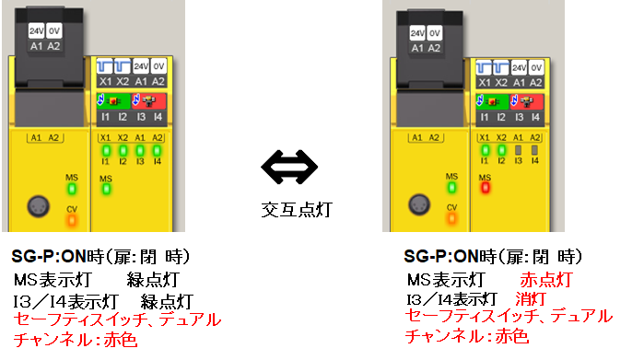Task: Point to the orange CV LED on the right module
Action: coord(451,219)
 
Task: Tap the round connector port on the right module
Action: coord(417,203)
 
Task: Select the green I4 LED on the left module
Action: coord(157,149)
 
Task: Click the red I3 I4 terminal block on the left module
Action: coord(148,102)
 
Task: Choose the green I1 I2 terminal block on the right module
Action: coord(491,101)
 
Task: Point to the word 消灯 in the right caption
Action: coord(532,299)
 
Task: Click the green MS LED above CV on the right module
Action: coord(451,188)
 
